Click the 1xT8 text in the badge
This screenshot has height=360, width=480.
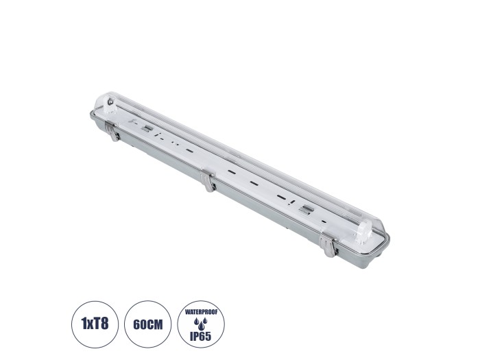95,323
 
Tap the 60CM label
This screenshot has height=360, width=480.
148,324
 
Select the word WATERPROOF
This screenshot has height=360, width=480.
201,313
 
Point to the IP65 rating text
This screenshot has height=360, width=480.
201,337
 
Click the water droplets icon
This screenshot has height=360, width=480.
201,324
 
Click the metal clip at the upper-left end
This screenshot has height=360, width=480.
112,131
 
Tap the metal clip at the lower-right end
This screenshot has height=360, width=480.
328,245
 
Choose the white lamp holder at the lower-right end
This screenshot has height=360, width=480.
365,232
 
